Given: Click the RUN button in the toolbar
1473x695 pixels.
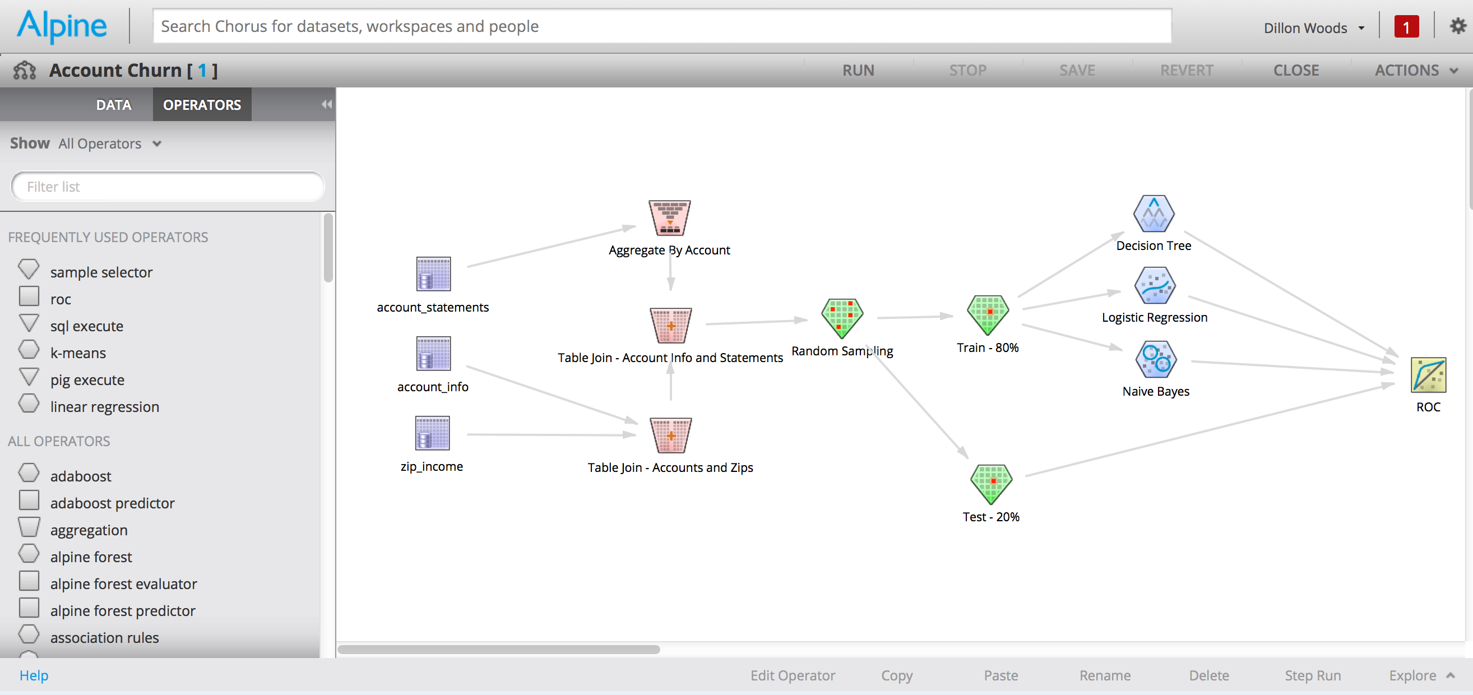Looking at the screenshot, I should point(858,71).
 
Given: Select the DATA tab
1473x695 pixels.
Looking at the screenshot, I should point(114,105).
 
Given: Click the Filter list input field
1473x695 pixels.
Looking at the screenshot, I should point(167,187).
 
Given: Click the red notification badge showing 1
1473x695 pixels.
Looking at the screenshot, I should point(1406,27).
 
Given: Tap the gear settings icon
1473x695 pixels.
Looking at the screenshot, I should point(1457,26).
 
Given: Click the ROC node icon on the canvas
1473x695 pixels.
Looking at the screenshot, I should point(1428,375).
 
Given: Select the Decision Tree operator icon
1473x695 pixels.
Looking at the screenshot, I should point(1154,214).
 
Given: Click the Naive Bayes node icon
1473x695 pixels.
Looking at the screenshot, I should point(1155,359).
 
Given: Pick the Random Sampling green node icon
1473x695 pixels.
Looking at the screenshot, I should point(842,317).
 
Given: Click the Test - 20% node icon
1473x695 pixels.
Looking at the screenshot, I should point(991,483).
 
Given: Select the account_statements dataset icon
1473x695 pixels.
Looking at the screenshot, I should point(433,274).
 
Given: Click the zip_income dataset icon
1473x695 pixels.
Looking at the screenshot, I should point(432,434).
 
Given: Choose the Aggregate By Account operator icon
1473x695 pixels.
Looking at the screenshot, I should point(669,217).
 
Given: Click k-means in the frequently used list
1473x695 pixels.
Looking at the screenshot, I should point(78,353).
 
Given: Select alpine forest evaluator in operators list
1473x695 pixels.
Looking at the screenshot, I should point(123,583).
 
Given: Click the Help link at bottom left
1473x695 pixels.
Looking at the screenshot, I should point(34,675).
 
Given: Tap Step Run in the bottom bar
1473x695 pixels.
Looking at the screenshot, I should point(1312,675).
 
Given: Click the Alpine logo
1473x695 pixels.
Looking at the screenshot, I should point(62,26).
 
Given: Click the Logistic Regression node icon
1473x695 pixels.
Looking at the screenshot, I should point(1155,285).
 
